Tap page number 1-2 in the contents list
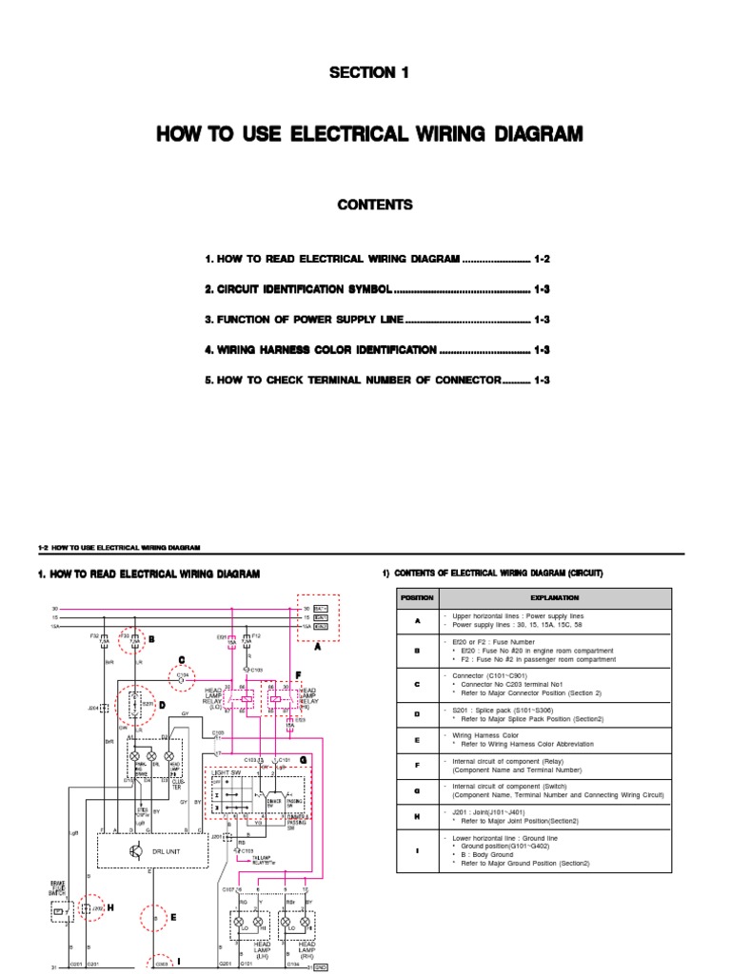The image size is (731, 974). point(542,259)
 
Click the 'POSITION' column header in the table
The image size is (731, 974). point(417,597)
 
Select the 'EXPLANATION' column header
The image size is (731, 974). point(555,597)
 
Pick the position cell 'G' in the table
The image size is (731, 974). point(417,789)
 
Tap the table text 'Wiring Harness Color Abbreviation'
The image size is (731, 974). point(524,744)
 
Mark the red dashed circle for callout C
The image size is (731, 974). point(180,677)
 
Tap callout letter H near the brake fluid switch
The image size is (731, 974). point(110,907)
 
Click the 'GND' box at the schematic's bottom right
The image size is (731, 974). point(321,967)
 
